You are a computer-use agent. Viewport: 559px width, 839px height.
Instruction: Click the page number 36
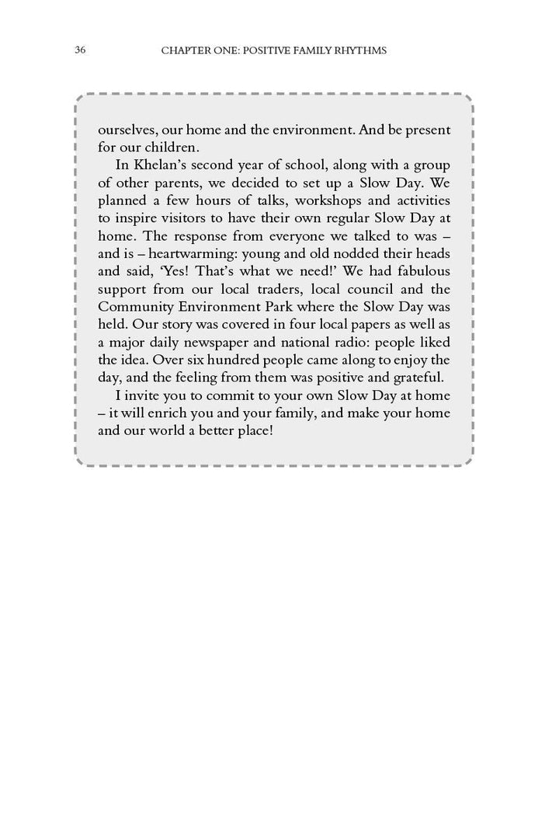point(80,50)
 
